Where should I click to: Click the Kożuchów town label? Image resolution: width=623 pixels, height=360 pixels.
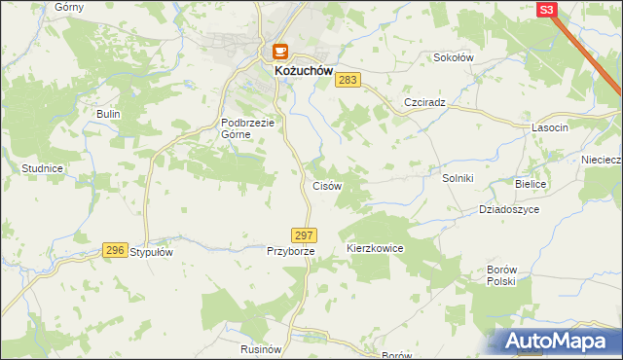tap(298, 72)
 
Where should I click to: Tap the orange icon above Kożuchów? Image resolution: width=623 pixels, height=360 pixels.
tap(280, 52)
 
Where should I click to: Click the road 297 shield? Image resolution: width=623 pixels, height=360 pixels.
tap(304, 235)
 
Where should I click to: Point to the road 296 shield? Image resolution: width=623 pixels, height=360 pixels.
tap(115, 250)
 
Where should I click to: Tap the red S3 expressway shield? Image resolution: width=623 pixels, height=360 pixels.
tap(547, 10)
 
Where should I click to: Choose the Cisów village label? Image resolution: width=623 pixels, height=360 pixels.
tap(325, 185)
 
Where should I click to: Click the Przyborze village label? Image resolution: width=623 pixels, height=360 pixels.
tap(291, 251)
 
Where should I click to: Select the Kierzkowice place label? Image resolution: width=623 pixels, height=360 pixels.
tap(375, 249)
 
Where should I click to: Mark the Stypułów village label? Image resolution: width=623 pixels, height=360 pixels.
tap(151, 251)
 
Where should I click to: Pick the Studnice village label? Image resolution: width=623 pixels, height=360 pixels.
tap(42, 168)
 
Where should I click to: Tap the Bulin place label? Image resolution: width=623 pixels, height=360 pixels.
tap(107, 114)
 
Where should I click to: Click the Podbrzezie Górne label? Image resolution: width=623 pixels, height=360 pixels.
tap(249, 128)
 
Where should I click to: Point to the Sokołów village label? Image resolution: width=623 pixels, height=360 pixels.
tap(453, 57)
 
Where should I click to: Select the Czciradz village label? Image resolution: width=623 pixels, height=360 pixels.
tap(424, 102)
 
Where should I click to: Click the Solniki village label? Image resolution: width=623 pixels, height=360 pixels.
tap(458, 178)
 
